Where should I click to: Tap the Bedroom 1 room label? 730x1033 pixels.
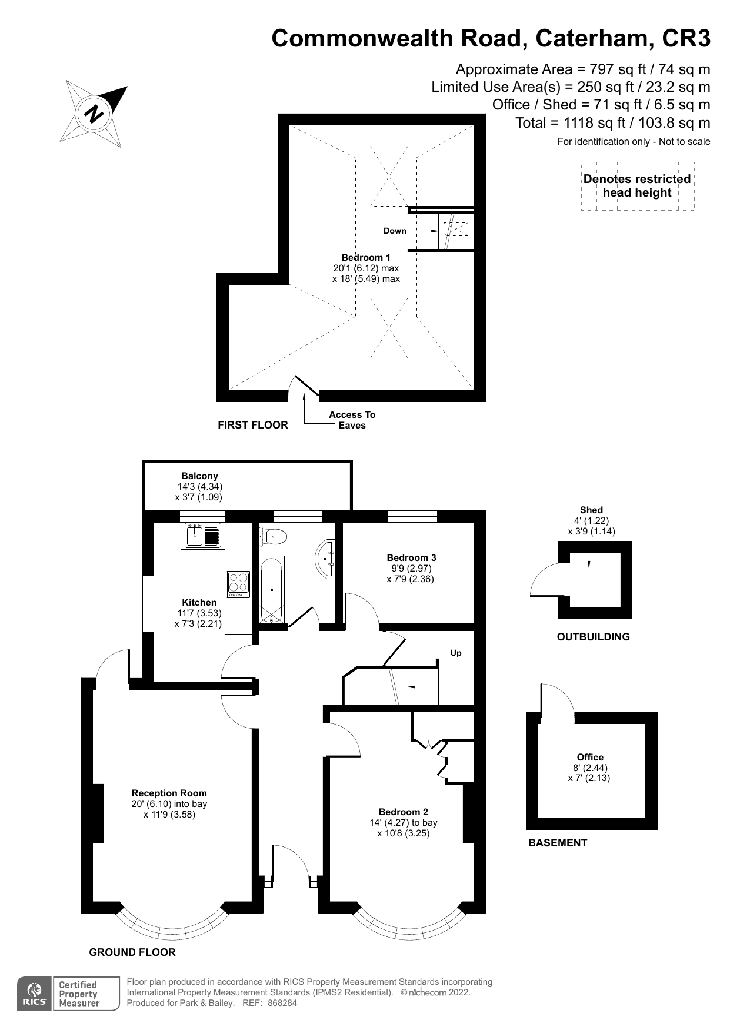pos(366,258)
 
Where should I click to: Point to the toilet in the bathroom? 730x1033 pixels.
pos(274,536)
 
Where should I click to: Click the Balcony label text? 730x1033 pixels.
pos(199,476)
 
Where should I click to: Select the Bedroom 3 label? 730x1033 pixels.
pos(411,557)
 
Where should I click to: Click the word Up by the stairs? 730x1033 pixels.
pos(456,653)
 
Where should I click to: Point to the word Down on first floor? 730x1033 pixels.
pos(395,231)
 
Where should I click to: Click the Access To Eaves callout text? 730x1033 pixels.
pos(352,420)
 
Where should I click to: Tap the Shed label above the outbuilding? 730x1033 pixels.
pos(591,510)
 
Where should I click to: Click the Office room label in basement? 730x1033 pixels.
pos(590,757)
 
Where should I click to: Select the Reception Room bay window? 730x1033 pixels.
pos(171,928)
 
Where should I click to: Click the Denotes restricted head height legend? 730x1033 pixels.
pos(637,186)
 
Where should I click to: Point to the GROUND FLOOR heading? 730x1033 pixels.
pos(132,952)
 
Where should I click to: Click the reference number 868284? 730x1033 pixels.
pos(282,1003)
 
